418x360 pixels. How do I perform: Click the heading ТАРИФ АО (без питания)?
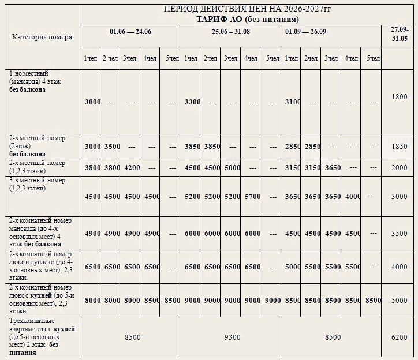click(248, 18)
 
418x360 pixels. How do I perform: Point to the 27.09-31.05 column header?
click(400, 33)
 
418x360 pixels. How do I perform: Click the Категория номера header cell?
click(42, 37)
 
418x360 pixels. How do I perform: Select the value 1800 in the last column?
click(400, 97)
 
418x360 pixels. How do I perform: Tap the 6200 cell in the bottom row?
click(400, 337)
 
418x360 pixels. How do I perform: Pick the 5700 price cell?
click(251, 196)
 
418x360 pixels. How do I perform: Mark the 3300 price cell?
click(192, 102)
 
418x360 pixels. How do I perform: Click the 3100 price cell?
click(293, 102)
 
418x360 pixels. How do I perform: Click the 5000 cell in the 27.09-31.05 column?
click(400, 300)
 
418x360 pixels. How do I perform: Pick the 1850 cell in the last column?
click(400, 147)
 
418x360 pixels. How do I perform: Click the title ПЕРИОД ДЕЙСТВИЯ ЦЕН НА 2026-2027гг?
click(248, 10)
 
